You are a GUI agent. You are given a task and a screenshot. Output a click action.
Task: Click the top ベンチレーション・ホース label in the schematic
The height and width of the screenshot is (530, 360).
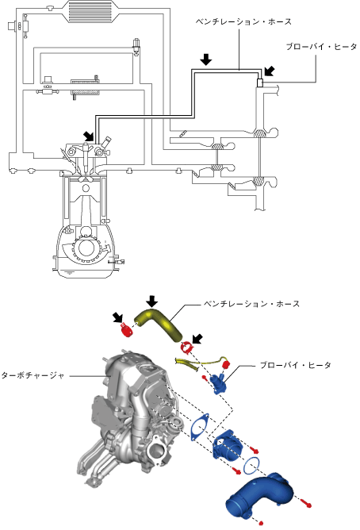coord(243,22)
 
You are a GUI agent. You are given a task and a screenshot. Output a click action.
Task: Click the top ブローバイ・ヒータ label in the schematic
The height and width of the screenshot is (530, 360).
coord(321,47)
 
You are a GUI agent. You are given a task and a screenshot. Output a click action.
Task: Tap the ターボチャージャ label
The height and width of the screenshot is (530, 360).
coord(33,375)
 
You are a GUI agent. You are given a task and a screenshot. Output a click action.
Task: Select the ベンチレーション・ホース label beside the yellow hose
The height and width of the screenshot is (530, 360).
coord(251,304)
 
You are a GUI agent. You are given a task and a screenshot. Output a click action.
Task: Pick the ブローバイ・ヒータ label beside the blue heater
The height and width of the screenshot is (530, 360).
coord(296,366)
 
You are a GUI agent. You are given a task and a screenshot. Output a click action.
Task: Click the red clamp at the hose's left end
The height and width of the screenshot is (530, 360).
coord(126,329)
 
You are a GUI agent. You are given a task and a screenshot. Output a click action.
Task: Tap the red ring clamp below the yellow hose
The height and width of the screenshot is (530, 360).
coord(186,348)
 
